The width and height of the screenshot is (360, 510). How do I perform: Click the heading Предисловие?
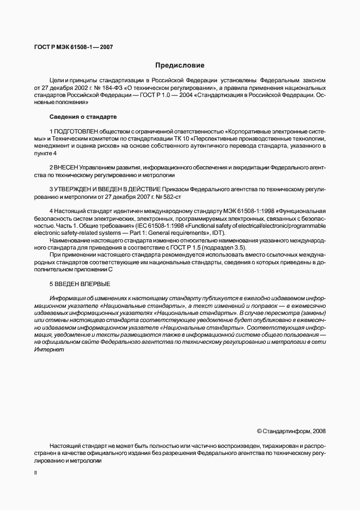[180, 65]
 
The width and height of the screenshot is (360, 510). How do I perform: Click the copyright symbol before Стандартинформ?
[259, 431]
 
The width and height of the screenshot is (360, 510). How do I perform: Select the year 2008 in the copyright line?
[319, 431]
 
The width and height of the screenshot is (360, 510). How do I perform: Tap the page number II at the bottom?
[35, 474]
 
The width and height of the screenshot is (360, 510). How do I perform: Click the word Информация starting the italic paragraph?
[68, 299]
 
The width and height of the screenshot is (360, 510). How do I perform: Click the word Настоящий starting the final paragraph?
[65, 445]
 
